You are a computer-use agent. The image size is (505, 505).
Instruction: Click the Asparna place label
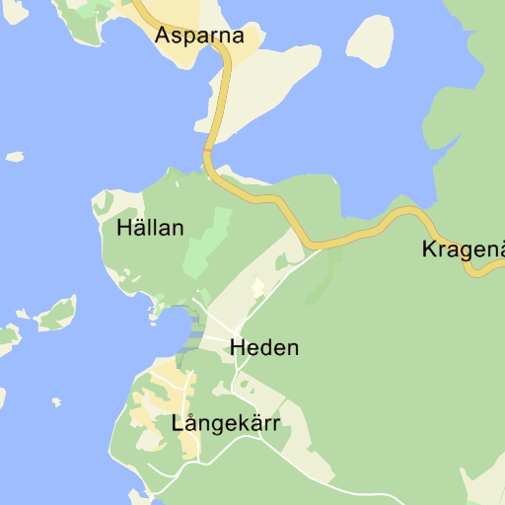coord(199,36)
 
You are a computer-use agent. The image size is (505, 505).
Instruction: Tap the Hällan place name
coord(150,228)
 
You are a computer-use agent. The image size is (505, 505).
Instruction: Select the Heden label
coord(263,348)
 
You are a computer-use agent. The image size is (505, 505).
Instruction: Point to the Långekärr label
coord(226,424)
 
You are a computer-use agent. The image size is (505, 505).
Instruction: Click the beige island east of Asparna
coord(370,42)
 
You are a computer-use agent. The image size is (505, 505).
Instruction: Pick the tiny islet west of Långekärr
coord(56,402)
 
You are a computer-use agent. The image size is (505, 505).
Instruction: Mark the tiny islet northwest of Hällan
coord(15,156)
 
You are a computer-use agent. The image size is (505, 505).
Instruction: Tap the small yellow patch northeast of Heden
coord(258,287)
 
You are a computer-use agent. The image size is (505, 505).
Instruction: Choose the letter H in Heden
coord(237,348)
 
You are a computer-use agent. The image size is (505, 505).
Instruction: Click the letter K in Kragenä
coord(429,249)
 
